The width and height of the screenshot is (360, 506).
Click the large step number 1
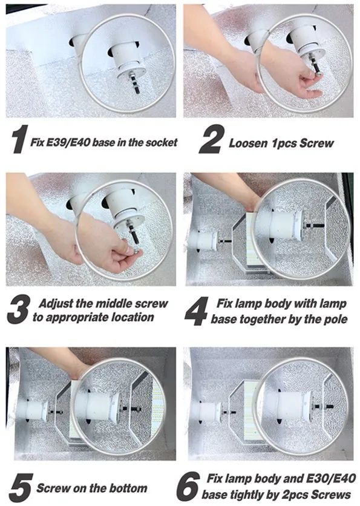coord(20,139)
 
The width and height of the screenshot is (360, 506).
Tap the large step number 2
coord(212,139)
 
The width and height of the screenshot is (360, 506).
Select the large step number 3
coord(19,309)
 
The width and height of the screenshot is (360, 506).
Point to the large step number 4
coord(197,310)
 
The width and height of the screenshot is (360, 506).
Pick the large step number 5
coord(21,487)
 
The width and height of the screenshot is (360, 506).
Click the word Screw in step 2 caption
coord(316,143)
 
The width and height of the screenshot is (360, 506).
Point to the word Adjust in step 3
coord(56,304)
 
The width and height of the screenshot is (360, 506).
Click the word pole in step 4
coord(335,320)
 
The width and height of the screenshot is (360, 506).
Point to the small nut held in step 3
coord(139,251)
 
